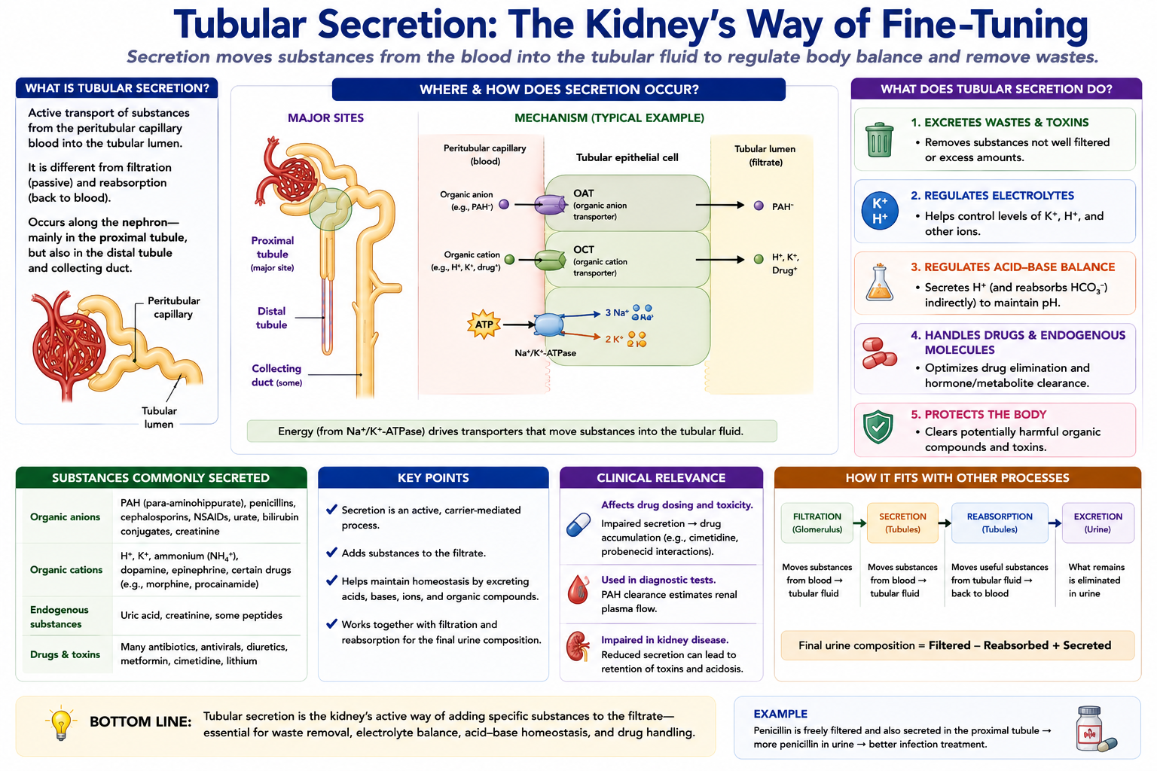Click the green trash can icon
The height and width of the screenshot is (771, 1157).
click(879, 139)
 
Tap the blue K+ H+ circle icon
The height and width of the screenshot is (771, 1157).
click(880, 211)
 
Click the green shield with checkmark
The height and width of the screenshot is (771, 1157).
click(878, 427)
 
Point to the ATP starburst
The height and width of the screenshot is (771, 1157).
click(484, 325)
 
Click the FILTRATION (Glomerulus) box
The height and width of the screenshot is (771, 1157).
click(817, 523)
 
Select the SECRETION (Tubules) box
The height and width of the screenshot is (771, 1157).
click(902, 523)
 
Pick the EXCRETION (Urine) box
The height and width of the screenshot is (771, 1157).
click(1097, 523)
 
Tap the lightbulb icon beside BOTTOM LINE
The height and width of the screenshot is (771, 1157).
click(61, 723)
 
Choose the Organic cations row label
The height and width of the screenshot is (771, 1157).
click(66, 570)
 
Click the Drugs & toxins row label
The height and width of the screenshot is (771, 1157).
click(65, 654)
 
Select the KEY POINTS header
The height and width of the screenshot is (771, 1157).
click(433, 477)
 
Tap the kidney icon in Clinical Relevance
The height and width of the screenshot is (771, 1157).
click(578, 647)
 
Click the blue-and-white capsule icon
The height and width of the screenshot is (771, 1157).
click(578, 525)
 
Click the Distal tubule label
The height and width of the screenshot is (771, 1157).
click(271, 318)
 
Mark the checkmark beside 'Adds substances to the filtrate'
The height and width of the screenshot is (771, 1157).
click(331, 552)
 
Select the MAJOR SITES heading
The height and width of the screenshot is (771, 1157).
click(325, 117)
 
